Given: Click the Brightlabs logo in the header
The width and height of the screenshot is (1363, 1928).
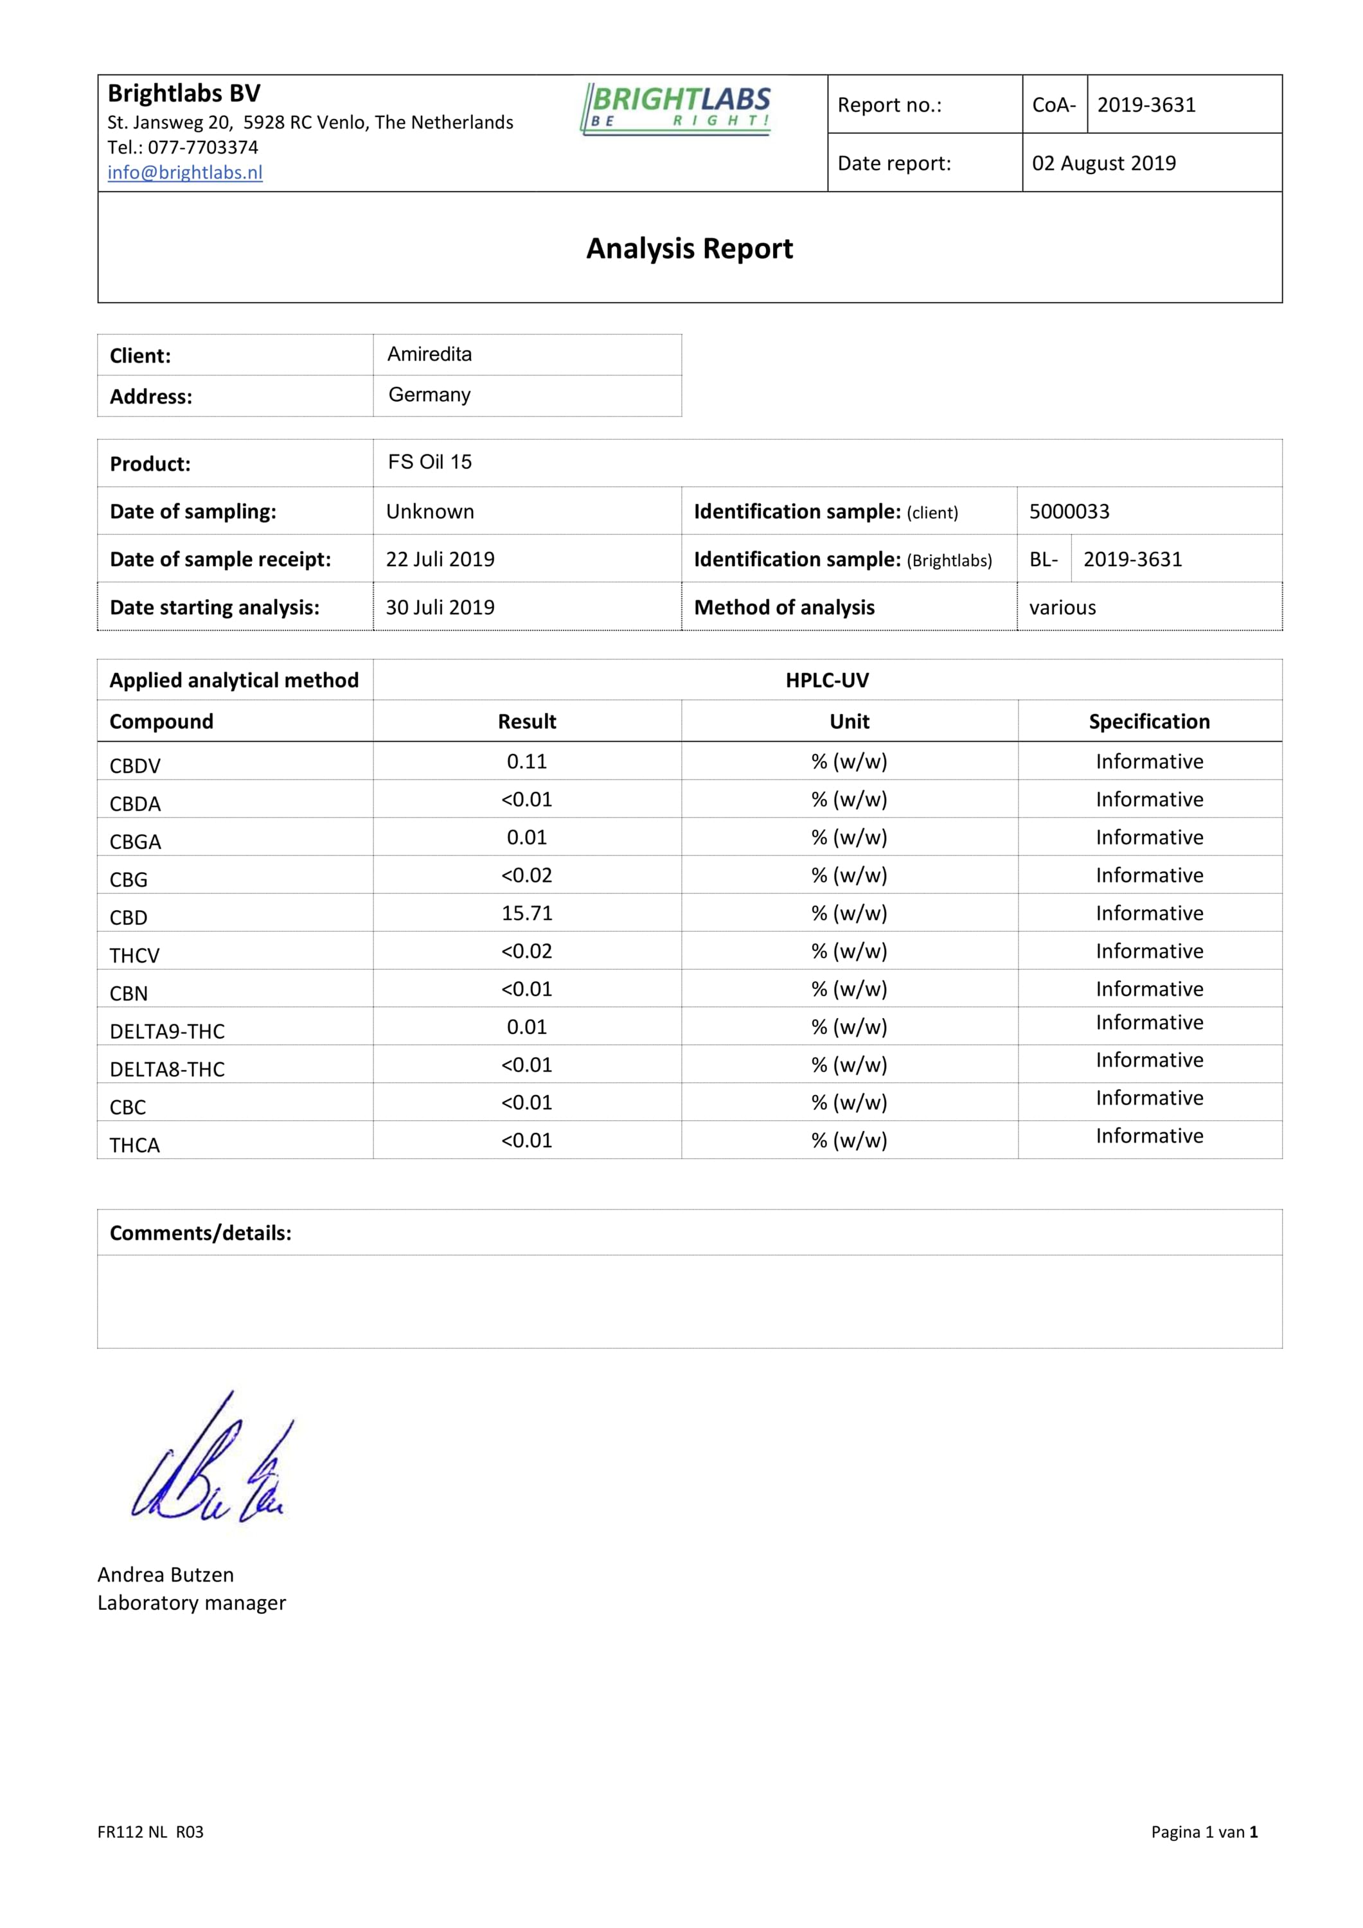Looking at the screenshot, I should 675,109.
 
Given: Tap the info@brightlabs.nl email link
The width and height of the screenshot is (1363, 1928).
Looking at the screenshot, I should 185,172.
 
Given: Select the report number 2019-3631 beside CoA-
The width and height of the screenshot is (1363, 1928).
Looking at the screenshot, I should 1146,105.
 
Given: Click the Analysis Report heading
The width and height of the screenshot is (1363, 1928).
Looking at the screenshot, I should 689,249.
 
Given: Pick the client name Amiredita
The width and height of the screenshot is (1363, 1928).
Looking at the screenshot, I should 429,354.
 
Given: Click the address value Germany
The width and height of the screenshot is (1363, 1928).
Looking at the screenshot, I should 429,395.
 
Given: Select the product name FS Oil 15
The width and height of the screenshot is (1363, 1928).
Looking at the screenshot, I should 429,462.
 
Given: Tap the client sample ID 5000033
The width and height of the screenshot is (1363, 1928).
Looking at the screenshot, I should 1069,512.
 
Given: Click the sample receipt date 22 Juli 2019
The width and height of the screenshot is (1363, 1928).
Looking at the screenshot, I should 440,559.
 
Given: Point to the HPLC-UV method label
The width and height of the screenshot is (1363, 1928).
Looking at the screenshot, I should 826,680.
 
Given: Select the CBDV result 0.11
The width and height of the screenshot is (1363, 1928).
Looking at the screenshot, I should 526,762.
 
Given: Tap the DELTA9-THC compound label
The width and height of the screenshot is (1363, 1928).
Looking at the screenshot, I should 167,1031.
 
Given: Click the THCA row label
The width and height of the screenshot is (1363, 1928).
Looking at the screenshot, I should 134,1145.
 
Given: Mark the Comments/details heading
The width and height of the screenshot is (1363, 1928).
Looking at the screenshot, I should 200,1233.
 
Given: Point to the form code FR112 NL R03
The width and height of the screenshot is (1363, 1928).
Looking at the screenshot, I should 150,1832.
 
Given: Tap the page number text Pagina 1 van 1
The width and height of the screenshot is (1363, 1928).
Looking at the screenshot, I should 1204,1832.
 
